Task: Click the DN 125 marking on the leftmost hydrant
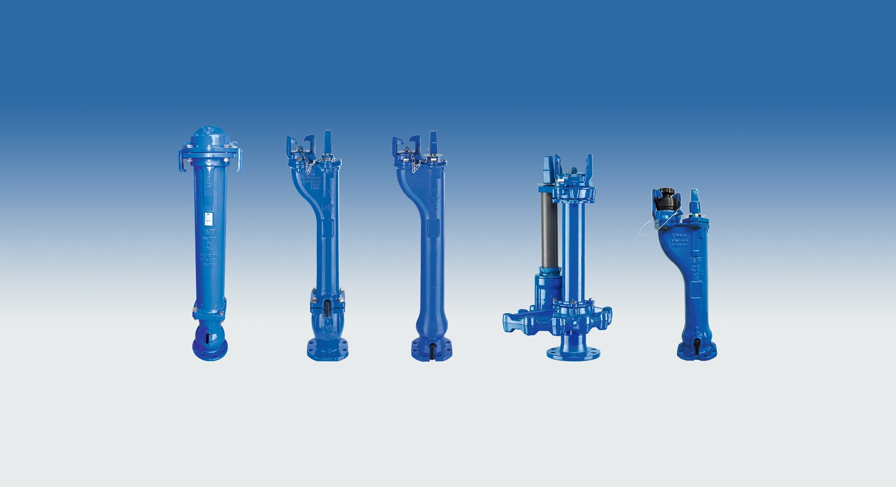coord(207,239)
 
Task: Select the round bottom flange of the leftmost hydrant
coord(210,348)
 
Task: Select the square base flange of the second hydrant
coord(327,351)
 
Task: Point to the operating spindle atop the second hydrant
coord(328,140)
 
